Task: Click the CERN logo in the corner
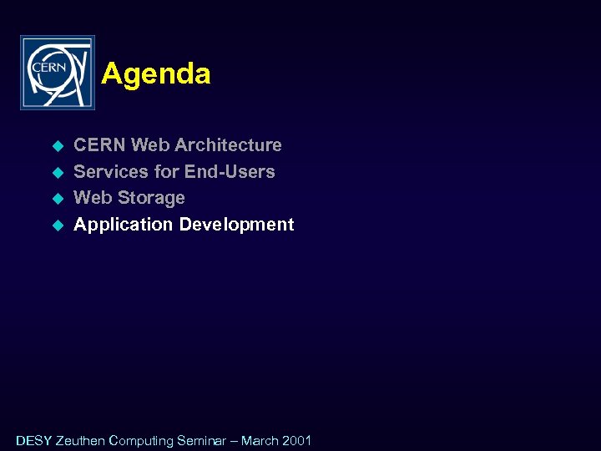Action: (x=58, y=73)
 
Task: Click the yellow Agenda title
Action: (x=156, y=74)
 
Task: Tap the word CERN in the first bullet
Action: (x=99, y=145)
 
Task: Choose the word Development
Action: (x=236, y=225)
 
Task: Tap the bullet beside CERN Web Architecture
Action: (x=58, y=146)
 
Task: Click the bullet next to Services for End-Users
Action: (x=58, y=173)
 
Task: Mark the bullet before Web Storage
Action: (x=58, y=199)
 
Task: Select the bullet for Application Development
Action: (x=58, y=225)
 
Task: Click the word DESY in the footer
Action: (x=33, y=440)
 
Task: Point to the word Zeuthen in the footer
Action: (x=80, y=440)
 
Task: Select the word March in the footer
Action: (x=260, y=440)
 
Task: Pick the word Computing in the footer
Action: (x=141, y=440)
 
